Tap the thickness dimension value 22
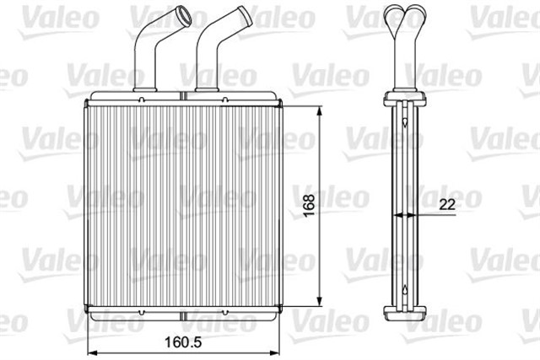click(449, 203)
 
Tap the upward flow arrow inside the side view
click(407, 289)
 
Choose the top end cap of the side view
click(407, 94)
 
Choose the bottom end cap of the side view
click(407, 317)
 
